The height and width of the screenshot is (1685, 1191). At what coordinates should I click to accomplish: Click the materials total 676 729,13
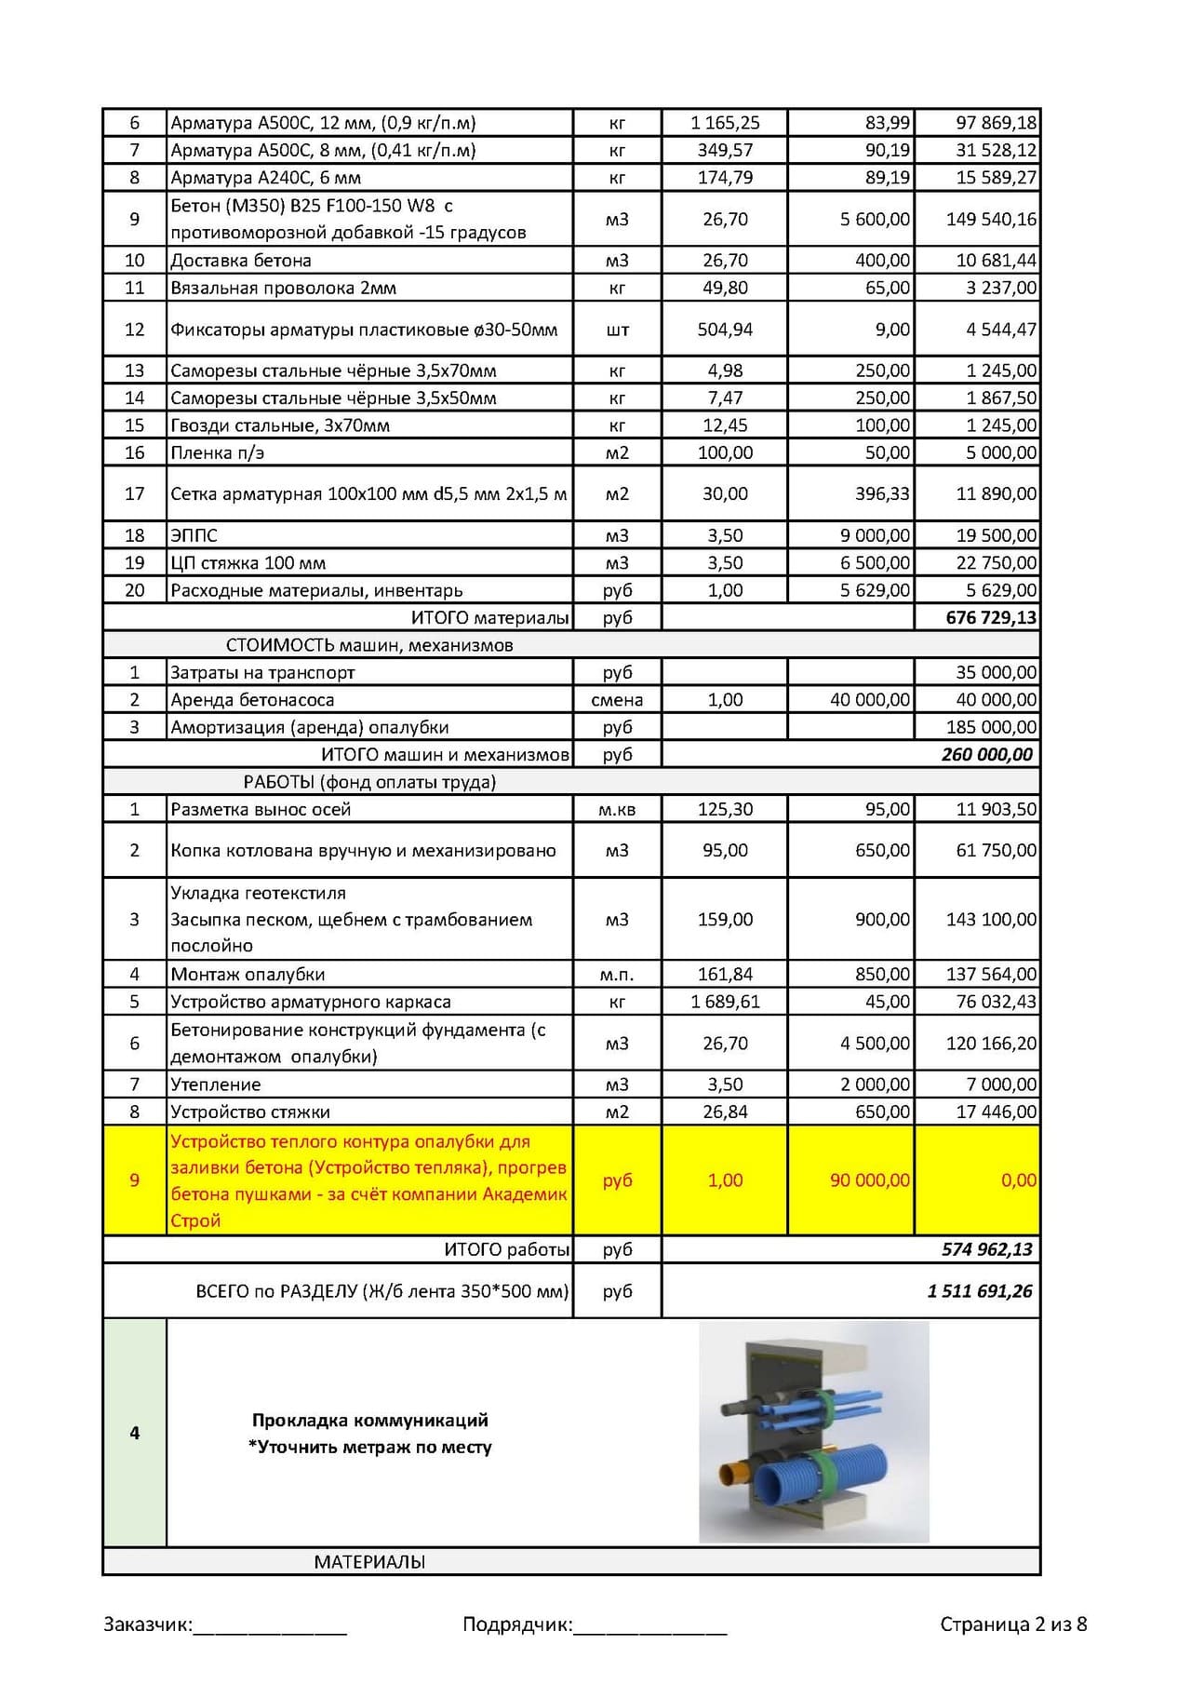(990, 617)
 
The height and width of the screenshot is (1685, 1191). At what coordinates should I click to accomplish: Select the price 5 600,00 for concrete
(875, 219)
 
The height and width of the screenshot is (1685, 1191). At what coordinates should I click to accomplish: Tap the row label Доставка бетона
(241, 261)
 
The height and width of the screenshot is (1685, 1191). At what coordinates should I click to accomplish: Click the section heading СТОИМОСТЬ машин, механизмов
(369, 645)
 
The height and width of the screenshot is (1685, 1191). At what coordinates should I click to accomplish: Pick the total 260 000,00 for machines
(986, 754)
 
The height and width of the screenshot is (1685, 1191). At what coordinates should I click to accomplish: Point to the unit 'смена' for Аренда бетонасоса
(617, 700)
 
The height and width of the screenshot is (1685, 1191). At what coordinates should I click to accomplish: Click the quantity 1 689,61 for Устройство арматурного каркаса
(725, 1002)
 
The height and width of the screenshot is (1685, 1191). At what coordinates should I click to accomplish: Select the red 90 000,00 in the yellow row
(869, 1180)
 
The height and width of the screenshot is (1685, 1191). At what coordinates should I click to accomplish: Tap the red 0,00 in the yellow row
(1018, 1180)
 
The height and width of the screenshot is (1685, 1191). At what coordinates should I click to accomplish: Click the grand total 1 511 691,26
(980, 1291)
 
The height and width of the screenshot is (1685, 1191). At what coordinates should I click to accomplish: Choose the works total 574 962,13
(986, 1249)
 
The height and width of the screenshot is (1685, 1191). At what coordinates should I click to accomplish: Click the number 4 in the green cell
(135, 1433)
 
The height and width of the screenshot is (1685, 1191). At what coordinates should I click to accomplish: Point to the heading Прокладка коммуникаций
(369, 1421)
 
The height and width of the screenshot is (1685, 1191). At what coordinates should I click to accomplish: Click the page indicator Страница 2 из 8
(1012, 1624)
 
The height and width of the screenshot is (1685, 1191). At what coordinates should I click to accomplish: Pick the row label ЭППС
(194, 535)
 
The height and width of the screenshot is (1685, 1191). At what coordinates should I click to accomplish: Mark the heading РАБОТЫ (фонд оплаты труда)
(369, 782)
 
